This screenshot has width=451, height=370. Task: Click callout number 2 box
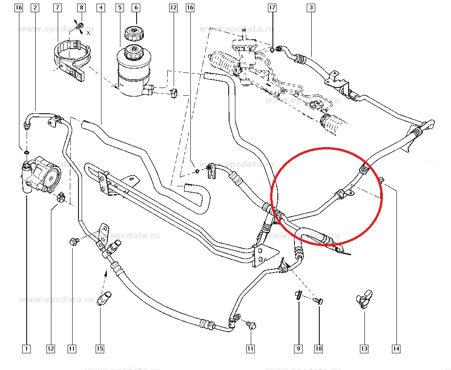36,8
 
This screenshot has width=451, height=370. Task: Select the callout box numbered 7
57,8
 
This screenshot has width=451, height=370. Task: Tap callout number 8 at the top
81,8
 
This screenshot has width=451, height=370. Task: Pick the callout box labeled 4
101,8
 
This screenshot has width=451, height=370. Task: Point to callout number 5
120,8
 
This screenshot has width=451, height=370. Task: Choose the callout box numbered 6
136,8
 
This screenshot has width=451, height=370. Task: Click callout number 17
272,8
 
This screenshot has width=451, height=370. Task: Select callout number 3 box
311,8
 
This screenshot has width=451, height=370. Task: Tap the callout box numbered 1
26,348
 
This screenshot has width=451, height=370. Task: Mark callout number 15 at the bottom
100,348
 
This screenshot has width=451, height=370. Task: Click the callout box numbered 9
298,348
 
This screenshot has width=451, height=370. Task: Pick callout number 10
319,348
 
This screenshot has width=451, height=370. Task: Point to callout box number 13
364,348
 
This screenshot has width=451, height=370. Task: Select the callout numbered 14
396,348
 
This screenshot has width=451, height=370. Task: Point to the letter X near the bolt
88,33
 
